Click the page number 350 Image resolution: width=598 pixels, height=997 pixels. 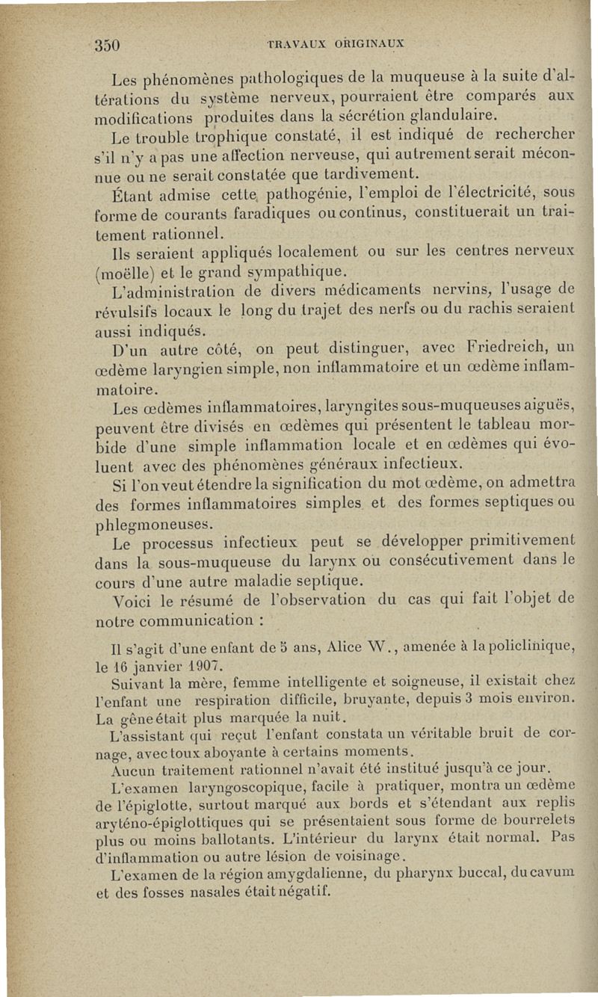point(108,43)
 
